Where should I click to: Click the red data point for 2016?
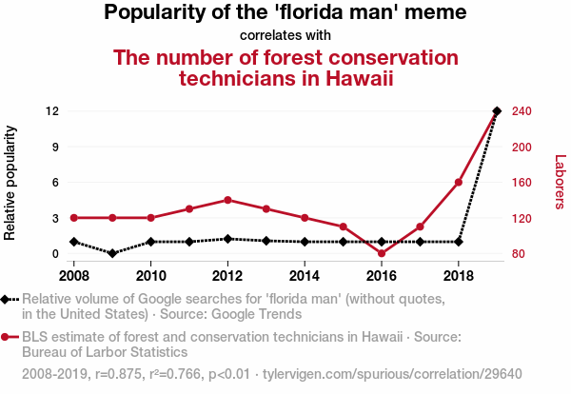coord(382,254)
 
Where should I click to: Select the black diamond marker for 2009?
coord(112,253)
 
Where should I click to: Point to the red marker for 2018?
coord(459,182)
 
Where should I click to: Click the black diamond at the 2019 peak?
coord(497,111)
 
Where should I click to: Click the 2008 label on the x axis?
coord(74,276)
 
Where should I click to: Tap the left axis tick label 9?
coord(56,147)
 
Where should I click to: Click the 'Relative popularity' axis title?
coord(12,183)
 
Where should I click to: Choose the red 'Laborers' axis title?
coord(560,183)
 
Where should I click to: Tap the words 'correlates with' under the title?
coord(285,35)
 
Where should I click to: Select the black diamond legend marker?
coord(8,299)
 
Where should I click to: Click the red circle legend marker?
coord(8,337)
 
